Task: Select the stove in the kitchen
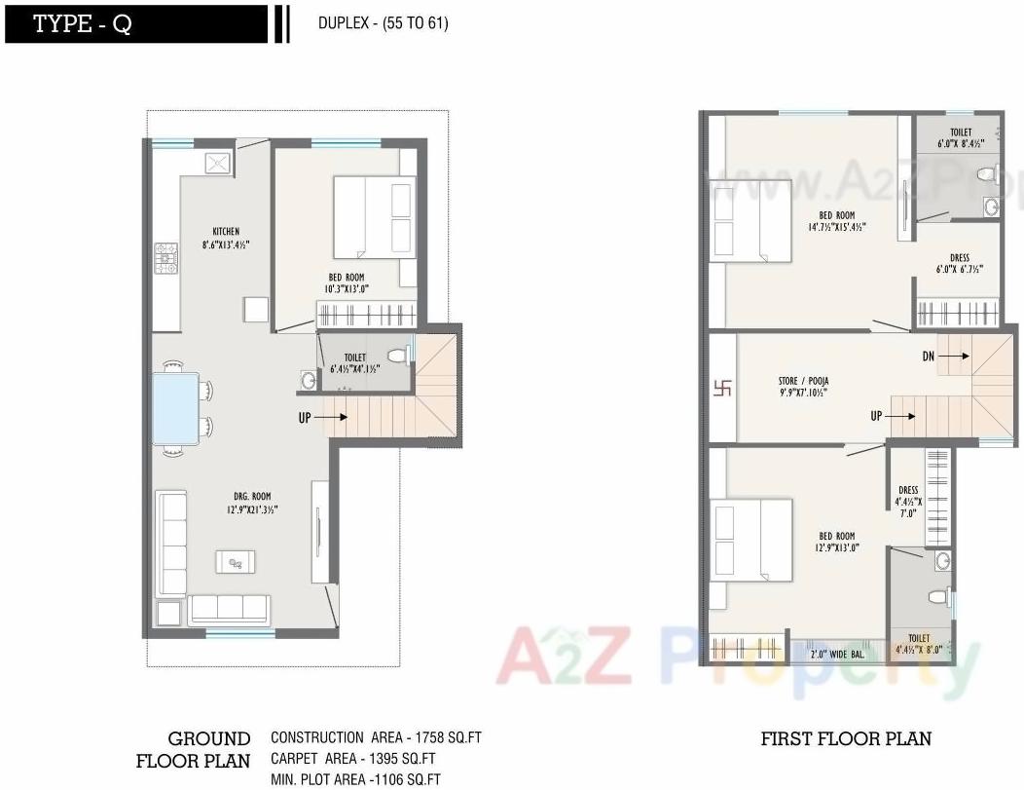click(166, 258)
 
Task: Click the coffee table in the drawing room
click(237, 561)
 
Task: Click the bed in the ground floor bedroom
click(374, 215)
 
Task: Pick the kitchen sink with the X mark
click(218, 162)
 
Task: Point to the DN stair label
click(929, 357)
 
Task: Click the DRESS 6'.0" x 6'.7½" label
click(959, 264)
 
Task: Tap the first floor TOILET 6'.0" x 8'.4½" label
click(960, 137)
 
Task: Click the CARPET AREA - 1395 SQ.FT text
click(352, 759)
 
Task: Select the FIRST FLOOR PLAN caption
click(845, 738)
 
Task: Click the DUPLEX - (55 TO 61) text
click(383, 23)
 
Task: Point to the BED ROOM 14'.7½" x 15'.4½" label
click(836, 221)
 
